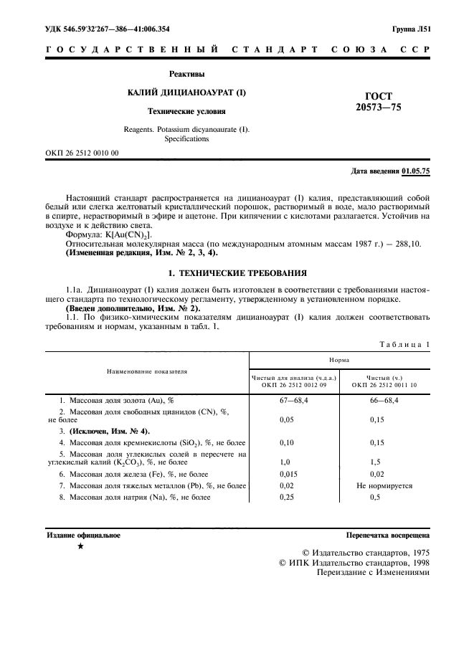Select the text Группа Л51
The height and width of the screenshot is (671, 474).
tap(411, 29)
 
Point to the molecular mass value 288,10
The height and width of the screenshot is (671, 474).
tap(408, 244)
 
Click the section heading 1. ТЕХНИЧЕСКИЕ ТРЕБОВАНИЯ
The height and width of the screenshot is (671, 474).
tap(237, 273)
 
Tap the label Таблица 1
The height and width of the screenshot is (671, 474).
tap(404, 344)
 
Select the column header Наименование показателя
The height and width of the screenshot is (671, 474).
tap(147, 371)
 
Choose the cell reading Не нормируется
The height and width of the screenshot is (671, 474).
tap(384, 485)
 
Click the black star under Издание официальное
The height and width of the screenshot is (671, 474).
tap(80, 547)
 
